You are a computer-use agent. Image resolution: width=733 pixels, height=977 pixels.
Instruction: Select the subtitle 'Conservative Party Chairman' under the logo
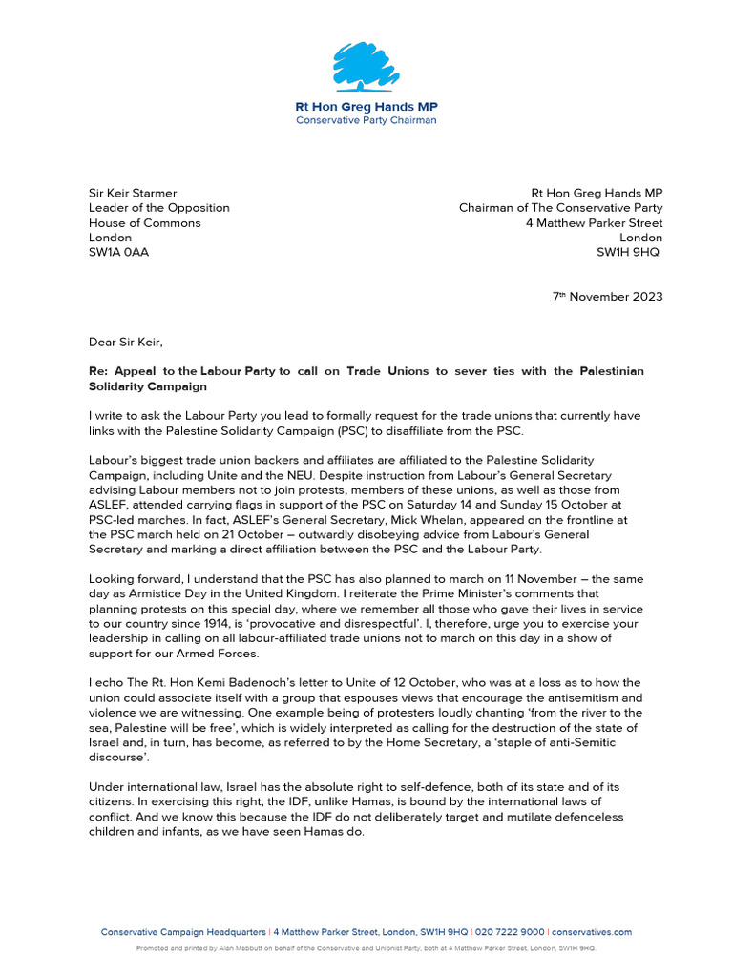(366, 120)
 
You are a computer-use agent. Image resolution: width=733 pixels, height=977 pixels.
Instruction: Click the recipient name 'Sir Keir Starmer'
(133, 193)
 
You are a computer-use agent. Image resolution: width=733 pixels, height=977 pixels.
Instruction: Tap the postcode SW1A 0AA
(118, 252)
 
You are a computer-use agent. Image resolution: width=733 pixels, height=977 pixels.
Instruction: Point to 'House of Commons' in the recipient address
(145, 222)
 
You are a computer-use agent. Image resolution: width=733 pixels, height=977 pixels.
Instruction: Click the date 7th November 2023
(607, 297)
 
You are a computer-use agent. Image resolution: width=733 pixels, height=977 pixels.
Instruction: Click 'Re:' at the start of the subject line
(98, 370)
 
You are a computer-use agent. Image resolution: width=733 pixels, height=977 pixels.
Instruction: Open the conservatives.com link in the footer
(592, 932)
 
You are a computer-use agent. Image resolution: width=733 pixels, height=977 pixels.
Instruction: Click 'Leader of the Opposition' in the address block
(159, 208)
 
